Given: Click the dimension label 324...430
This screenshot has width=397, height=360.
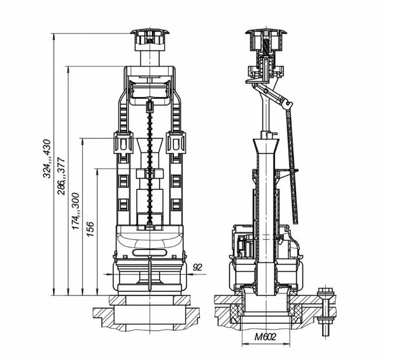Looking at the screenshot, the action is (x=47, y=158).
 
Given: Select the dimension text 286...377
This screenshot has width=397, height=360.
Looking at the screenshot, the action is (x=61, y=176).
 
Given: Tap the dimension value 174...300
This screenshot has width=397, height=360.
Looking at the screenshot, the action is (x=76, y=211).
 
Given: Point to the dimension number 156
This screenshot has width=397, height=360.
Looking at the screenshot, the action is (x=90, y=229).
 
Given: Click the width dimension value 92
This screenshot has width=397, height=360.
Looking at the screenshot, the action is (x=197, y=268).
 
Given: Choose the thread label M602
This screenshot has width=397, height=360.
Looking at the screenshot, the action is (x=265, y=337).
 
